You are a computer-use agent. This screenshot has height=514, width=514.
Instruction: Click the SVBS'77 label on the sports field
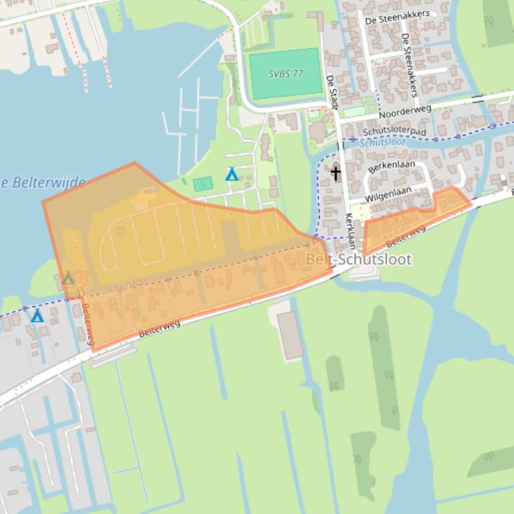pos(286,73)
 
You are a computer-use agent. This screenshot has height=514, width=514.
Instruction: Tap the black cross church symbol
pos(335,174)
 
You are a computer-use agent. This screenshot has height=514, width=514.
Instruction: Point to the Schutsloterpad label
pos(395,132)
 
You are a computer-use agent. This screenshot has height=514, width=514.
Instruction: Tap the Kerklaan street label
pos(351,231)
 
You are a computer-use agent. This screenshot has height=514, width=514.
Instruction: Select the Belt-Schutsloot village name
pos(358,259)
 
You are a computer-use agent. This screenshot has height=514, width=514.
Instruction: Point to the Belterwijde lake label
pos(43,182)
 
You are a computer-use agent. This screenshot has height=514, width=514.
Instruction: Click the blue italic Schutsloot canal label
pos(382,142)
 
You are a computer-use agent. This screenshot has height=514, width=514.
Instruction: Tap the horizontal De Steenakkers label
pos(397,17)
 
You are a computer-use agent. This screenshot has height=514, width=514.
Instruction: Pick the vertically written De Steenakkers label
pos(410,65)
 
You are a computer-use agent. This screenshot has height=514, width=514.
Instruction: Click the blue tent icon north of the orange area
pos(232,174)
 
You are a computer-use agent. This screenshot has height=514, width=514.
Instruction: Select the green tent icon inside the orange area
pos(68,277)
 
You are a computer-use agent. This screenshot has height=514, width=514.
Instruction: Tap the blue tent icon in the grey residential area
pos(37,315)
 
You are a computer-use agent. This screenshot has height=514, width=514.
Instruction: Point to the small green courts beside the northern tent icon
pos(203,184)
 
